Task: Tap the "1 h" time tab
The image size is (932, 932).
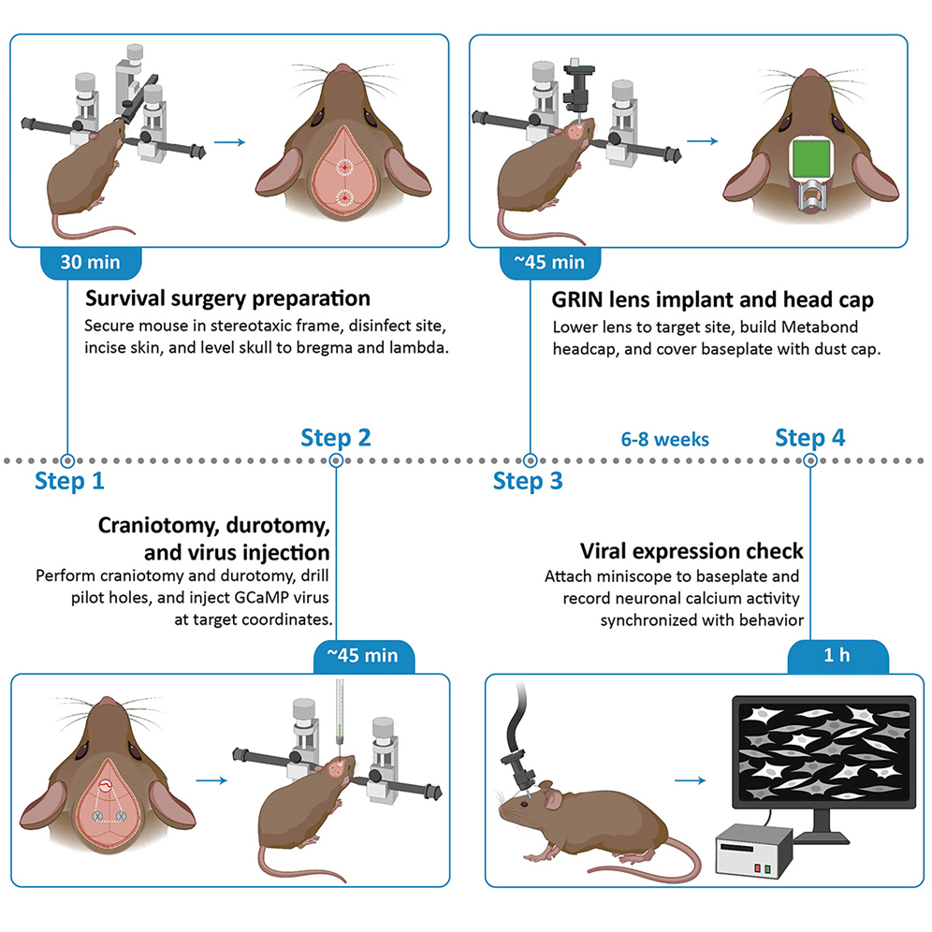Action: pos(836,655)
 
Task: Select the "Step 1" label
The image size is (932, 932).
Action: pos(70,482)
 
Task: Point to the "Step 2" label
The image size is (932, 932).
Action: pos(336,437)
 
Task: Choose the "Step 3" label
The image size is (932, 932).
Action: pos(529,482)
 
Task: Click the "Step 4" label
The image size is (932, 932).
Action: pos(810,437)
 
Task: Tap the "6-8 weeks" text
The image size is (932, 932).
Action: pos(665,439)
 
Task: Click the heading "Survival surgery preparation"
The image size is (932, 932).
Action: pos(227,299)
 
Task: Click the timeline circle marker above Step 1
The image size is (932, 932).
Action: pos(66,460)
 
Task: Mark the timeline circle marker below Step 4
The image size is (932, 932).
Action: pos(810,460)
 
